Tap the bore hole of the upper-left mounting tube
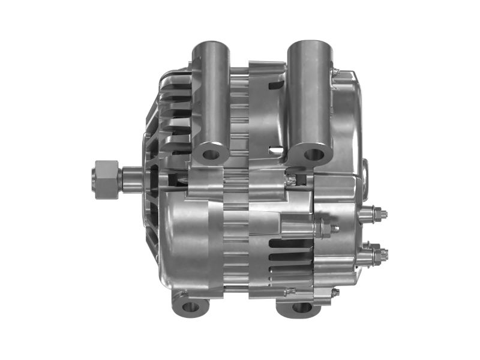pos(211,154)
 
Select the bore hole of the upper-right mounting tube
pos(312,155)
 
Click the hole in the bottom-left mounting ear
pos(190,307)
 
